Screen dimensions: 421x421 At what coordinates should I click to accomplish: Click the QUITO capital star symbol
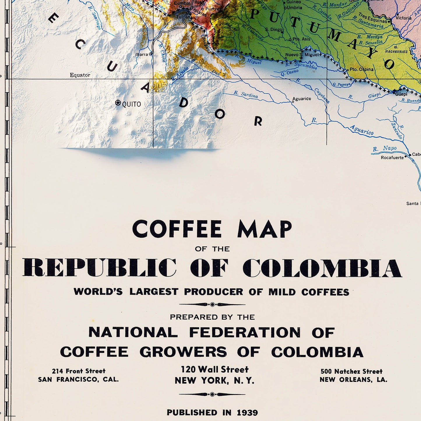pos(118,103)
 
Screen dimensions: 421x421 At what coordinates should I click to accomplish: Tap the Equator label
pos(80,75)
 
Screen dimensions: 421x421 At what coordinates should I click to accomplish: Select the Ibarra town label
pos(142,54)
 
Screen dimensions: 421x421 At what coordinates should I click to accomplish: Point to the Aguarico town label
pos(302,99)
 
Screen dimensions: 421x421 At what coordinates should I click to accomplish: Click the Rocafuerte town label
pos(392,158)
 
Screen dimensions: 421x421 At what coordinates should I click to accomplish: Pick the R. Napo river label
pos(385,149)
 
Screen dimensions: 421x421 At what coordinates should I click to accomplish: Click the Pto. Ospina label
pos(361,69)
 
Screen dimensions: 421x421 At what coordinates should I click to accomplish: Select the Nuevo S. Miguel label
pos(302,55)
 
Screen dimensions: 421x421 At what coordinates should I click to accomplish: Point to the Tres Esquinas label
pos(373,18)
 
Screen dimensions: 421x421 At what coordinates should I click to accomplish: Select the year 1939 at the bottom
pos(247,413)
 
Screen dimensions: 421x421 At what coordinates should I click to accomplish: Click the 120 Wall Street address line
pos(215,369)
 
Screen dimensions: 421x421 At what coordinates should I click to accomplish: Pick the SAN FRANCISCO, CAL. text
pos(78,379)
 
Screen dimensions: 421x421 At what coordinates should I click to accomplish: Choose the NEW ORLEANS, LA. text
pos(353,380)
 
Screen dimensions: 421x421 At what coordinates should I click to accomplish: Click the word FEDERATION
pos(245,332)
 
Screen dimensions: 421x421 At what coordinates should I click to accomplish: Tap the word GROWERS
pos(183,352)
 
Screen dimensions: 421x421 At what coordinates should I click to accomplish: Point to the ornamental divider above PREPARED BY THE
pos(212,304)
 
